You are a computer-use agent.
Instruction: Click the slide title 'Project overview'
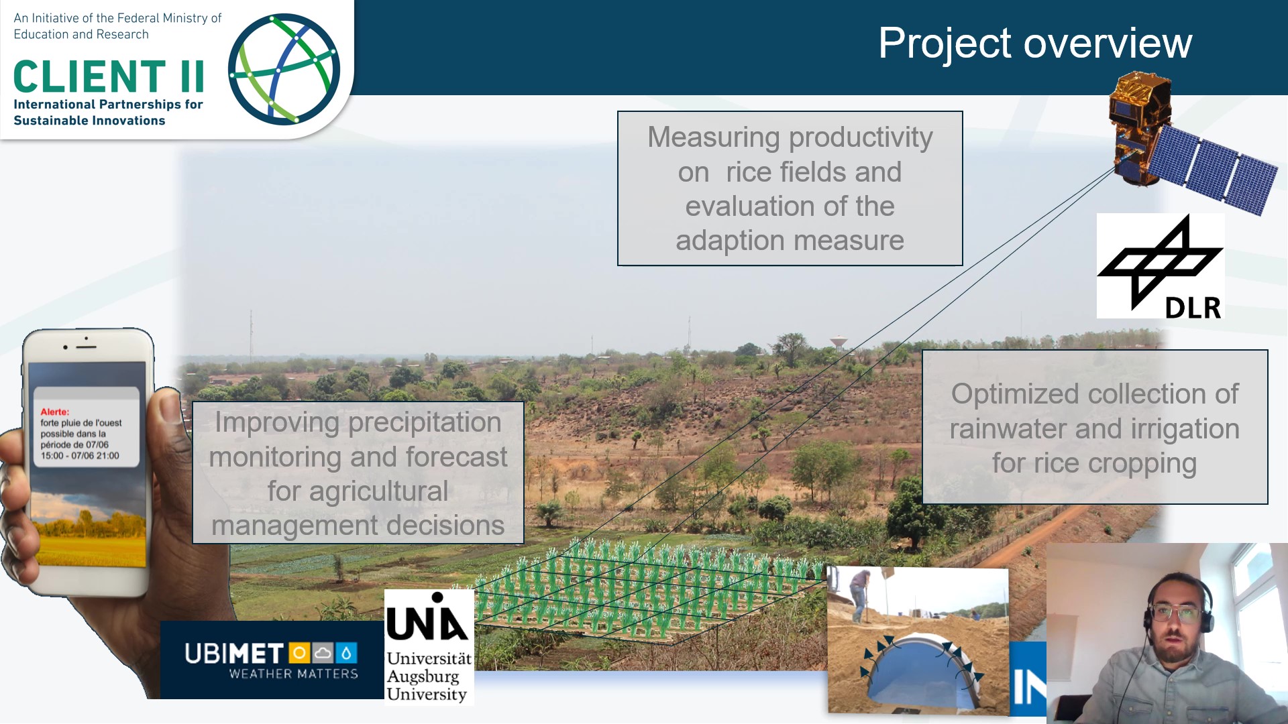(x=1035, y=43)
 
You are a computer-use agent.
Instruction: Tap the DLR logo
(x=1160, y=266)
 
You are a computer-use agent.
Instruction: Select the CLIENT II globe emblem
(x=284, y=69)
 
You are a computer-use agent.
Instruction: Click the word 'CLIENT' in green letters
(x=90, y=76)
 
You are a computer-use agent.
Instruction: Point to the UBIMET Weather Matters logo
(x=272, y=660)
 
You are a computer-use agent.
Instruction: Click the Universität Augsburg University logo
(x=429, y=647)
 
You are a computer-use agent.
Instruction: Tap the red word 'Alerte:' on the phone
(x=54, y=412)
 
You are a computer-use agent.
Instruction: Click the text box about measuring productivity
(x=790, y=188)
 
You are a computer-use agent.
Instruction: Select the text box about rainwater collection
(x=1095, y=427)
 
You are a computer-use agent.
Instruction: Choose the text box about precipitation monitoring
(x=358, y=473)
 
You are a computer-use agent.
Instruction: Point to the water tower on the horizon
(x=839, y=343)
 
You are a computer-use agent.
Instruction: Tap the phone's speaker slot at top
(x=86, y=347)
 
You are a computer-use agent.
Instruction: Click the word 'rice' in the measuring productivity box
(x=749, y=172)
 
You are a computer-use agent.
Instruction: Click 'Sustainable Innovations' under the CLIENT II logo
(x=89, y=121)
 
